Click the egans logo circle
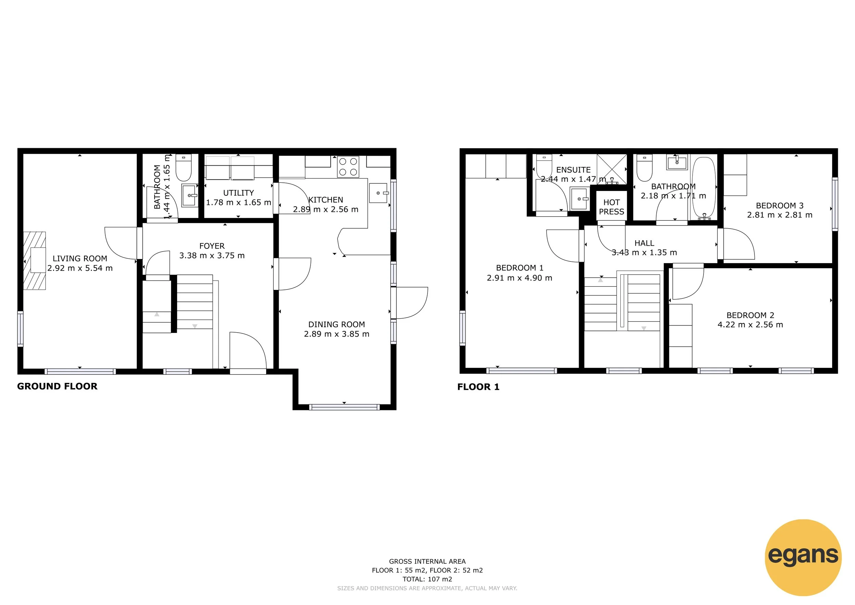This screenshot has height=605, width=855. tap(803, 557)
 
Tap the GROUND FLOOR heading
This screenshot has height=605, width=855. tap(57, 386)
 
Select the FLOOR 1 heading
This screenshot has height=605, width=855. tap(478, 387)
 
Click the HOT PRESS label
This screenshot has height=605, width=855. tap(611, 207)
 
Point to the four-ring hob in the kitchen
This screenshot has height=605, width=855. tap(348, 167)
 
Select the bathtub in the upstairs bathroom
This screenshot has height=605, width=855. tap(704, 187)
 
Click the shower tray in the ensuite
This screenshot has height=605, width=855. tap(612, 169)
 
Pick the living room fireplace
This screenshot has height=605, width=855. tap(35, 260)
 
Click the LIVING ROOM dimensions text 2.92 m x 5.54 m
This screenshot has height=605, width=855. tap(80, 268)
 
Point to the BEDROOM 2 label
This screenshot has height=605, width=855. tap(750, 315)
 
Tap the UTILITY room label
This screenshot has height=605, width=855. tap(238, 193)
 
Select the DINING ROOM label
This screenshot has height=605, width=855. tap(337, 324)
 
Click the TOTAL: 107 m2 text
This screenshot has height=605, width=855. tap(427, 579)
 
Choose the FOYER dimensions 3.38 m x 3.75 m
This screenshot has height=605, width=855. tap(212, 256)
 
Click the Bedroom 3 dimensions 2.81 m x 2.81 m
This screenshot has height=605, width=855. tap(780, 215)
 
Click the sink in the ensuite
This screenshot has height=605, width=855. tap(579, 199)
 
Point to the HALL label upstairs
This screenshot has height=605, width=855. tap(644, 243)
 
